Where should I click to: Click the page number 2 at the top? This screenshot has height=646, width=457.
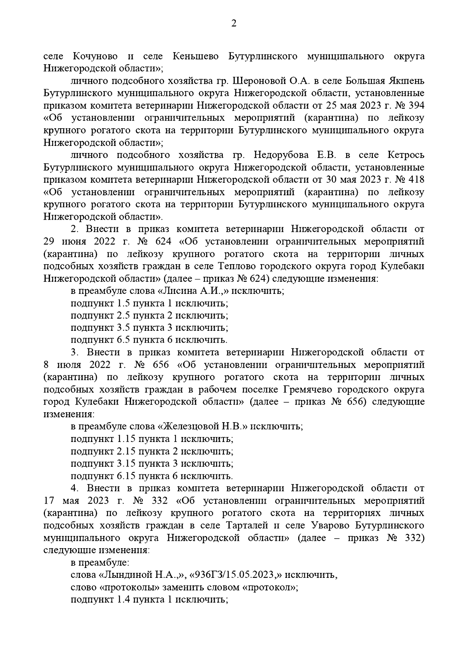tap(233, 24)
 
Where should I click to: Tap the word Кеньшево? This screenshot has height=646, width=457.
tap(196, 56)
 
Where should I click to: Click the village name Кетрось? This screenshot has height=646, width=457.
tap(406, 155)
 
